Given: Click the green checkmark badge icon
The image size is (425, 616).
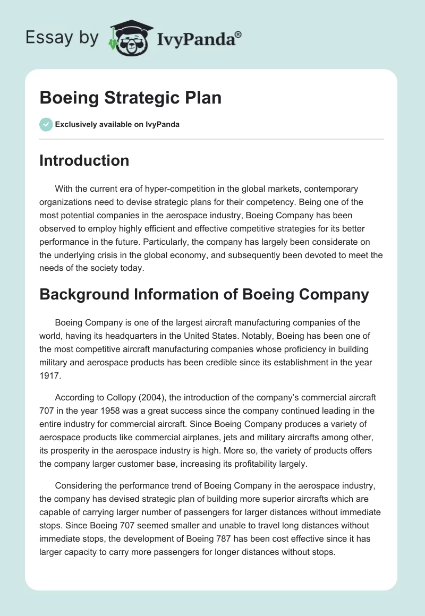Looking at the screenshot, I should click(46, 124).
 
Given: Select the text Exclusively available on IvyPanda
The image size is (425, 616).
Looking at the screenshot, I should click(117, 125).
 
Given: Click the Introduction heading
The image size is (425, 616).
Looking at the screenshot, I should click(84, 160).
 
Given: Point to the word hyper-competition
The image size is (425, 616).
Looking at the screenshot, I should click(177, 189).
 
